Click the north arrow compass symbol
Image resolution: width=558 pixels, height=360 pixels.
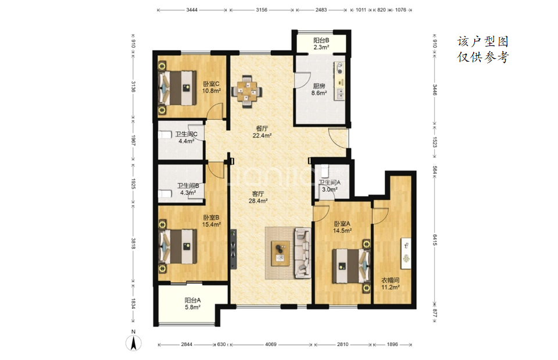[x=134, y=343]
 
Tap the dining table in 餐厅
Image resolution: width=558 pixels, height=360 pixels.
[x=247, y=91]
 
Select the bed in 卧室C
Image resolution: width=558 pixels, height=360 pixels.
[x=177, y=88]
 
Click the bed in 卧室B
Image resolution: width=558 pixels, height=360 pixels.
[x=177, y=247]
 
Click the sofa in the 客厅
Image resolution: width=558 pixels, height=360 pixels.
[x=302, y=253]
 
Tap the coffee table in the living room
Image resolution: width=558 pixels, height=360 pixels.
[x=280, y=254]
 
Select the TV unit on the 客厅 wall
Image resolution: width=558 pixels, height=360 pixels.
[x=234, y=249]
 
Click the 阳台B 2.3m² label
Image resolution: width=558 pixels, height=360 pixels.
[x=321, y=44]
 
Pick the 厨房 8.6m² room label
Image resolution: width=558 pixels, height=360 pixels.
[x=319, y=90]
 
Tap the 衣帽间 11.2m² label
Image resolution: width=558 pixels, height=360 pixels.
[x=391, y=283]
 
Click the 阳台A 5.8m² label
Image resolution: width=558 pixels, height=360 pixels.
[x=192, y=304]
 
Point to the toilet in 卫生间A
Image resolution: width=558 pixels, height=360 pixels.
[x=324, y=170]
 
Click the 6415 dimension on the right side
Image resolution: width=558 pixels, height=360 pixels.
[x=435, y=239]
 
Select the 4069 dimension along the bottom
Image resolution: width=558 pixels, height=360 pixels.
[x=271, y=344]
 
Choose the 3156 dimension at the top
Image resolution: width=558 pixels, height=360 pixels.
[x=262, y=10]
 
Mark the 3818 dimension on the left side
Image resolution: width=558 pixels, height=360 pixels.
[x=134, y=243]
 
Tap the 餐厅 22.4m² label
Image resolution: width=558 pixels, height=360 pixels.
[x=262, y=132]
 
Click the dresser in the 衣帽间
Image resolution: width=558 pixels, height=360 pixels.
[x=406, y=253]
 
